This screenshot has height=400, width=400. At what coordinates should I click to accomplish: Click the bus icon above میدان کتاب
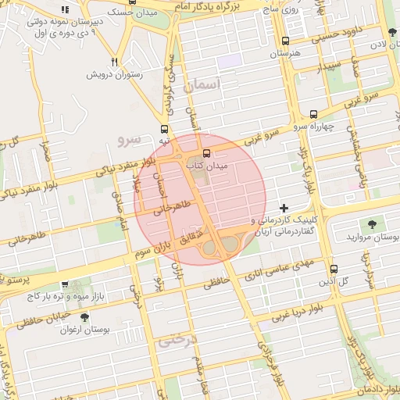click(207, 153)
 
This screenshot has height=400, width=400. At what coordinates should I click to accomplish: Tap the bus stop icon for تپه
click(164, 129)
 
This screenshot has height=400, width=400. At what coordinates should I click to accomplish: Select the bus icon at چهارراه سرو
click(314, 113)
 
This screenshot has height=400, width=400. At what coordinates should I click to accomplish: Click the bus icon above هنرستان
click(285, 41)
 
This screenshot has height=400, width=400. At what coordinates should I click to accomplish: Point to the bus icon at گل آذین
click(334, 268)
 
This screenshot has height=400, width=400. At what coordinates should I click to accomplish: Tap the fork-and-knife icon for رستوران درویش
click(115, 62)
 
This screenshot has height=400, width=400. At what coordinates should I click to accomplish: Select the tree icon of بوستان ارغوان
click(84, 317)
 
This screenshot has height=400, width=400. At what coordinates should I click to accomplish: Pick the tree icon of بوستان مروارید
click(370, 223)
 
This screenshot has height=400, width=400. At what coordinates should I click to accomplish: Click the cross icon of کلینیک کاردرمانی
click(284, 208)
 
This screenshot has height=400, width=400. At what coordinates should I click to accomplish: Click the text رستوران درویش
click(115, 75)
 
